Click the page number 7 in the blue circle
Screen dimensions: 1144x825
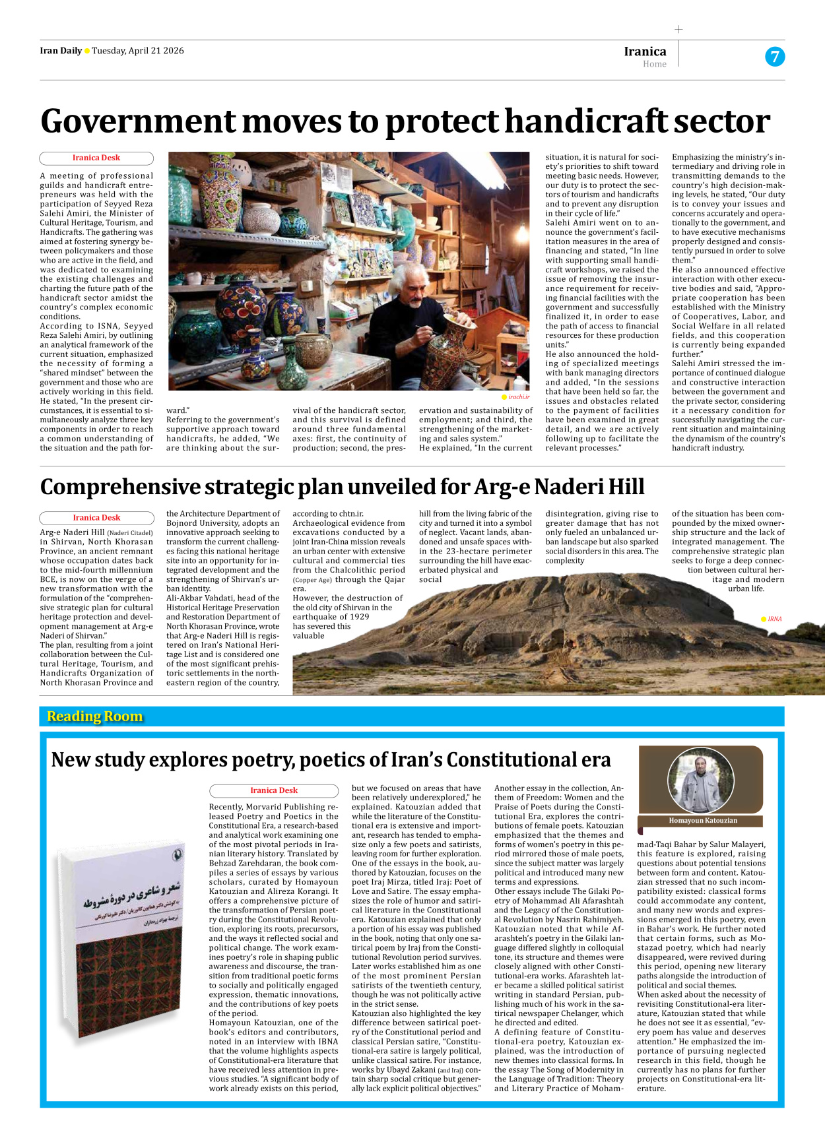pyautogui.click(x=775, y=57)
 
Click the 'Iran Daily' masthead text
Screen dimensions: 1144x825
pyautogui.click(x=61, y=51)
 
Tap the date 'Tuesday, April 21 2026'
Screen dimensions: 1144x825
pyautogui.click(x=137, y=51)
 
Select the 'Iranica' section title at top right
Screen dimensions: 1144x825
pyautogui.click(x=645, y=51)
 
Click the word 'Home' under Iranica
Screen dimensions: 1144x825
pyautogui.click(x=654, y=64)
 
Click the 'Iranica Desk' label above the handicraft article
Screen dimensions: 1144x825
pyautogui.click(x=96, y=158)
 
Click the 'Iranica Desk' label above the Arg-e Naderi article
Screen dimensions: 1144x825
pyautogui.click(x=96, y=518)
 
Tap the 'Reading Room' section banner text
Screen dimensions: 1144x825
pyautogui.click(x=94, y=716)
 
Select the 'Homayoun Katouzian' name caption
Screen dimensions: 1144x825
pyautogui.click(x=702, y=821)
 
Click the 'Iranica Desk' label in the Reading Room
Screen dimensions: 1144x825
pyautogui.click(x=273, y=790)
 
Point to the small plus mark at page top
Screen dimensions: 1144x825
pyautogui.click(x=678, y=29)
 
